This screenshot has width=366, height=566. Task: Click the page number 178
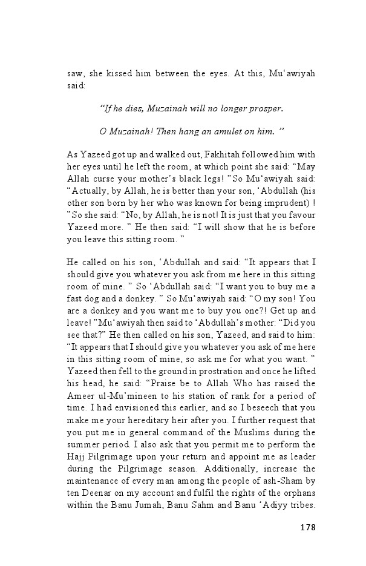point(307,527)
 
